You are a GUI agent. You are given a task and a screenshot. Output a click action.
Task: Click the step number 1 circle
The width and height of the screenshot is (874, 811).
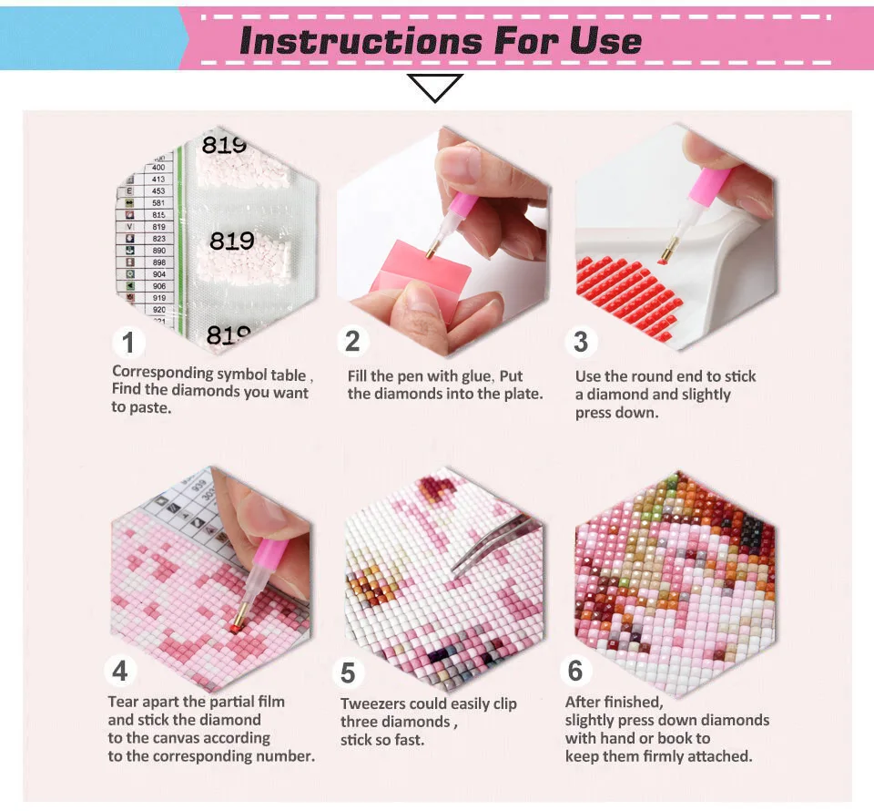click(128, 344)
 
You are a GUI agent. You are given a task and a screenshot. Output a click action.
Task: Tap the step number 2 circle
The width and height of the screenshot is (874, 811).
click(352, 341)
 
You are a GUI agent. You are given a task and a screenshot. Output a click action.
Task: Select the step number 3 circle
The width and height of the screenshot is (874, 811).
click(581, 342)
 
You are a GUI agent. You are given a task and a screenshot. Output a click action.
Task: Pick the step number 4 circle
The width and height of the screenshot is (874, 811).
click(120, 672)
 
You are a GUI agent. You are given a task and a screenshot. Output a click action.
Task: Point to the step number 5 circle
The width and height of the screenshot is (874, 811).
click(348, 673)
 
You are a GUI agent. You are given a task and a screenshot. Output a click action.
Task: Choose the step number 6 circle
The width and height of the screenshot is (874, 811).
click(575, 671)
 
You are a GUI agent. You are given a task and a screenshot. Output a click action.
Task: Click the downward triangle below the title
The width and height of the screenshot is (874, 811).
click(435, 87)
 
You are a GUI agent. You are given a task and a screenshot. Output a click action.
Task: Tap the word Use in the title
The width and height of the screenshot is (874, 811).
click(605, 41)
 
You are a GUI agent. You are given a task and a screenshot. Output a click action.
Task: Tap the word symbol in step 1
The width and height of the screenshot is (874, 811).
click(244, 373)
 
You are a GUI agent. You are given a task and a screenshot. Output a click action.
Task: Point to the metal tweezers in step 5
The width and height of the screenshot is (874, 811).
click(496, 542)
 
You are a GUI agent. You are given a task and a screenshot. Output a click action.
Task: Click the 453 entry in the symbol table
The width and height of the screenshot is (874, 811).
click(158, 190)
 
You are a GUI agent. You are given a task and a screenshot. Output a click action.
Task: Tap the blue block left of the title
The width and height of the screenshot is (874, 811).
click(91, 36)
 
